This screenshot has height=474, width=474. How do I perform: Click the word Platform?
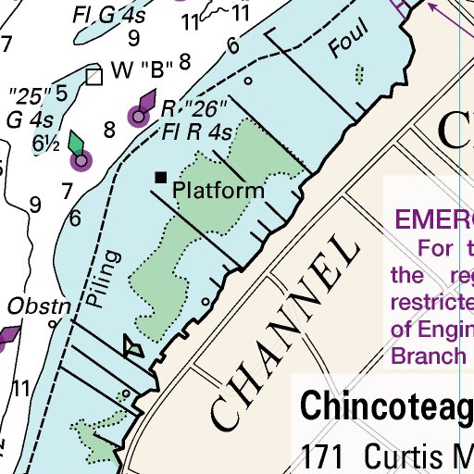pos(219,191)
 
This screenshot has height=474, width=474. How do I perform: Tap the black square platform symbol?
pos(161,177)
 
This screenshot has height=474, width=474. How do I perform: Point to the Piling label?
pos(108,278)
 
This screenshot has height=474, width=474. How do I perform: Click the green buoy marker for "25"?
pos(81,162)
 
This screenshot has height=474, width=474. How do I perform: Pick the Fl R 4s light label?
pos(196,131)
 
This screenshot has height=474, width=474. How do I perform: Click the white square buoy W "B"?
pos(93,76)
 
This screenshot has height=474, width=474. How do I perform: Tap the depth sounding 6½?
pos(45,143)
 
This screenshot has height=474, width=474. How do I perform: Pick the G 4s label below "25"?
pos(27,119)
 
